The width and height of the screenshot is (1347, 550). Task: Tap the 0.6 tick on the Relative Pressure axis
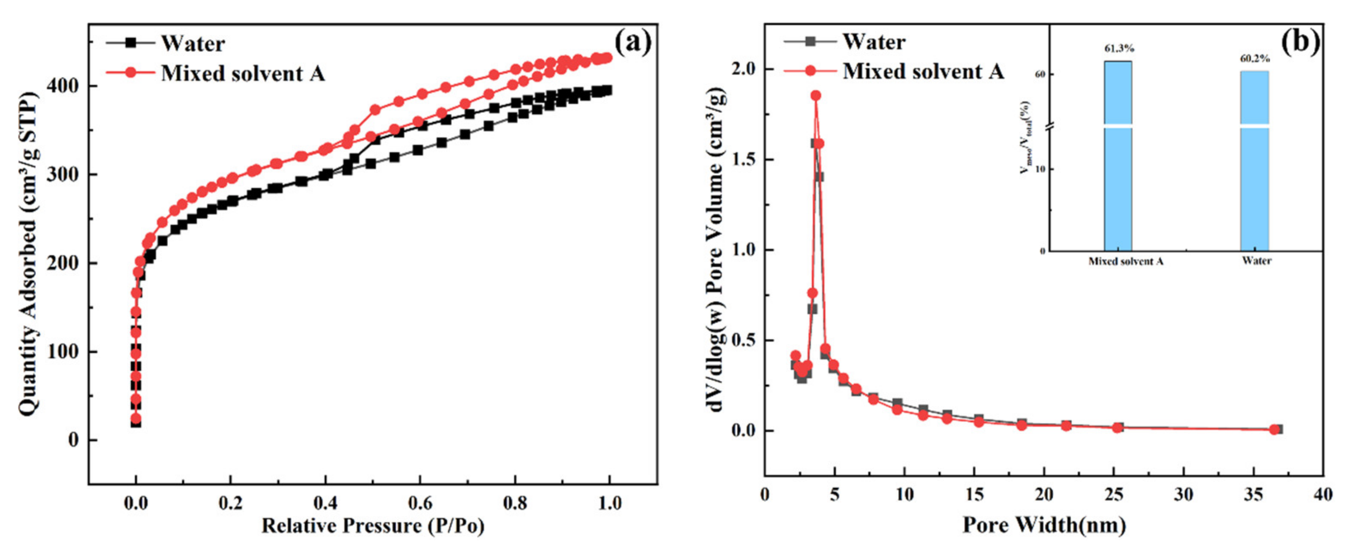tap(420, 504)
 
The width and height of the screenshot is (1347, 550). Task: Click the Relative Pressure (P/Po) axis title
tap(373, 526)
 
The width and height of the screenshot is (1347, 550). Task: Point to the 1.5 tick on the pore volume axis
tap(744, 160)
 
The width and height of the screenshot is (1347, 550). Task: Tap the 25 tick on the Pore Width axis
tap(1114, 495)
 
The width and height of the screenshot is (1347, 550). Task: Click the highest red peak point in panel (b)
tap(816, 95)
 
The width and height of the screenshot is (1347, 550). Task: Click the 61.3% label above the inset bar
tap(1119, 49)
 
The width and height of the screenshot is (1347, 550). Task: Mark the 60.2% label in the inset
tap(1255, 59)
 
